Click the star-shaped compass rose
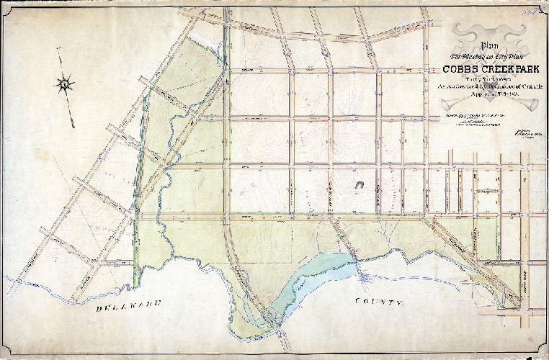point(65,85)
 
